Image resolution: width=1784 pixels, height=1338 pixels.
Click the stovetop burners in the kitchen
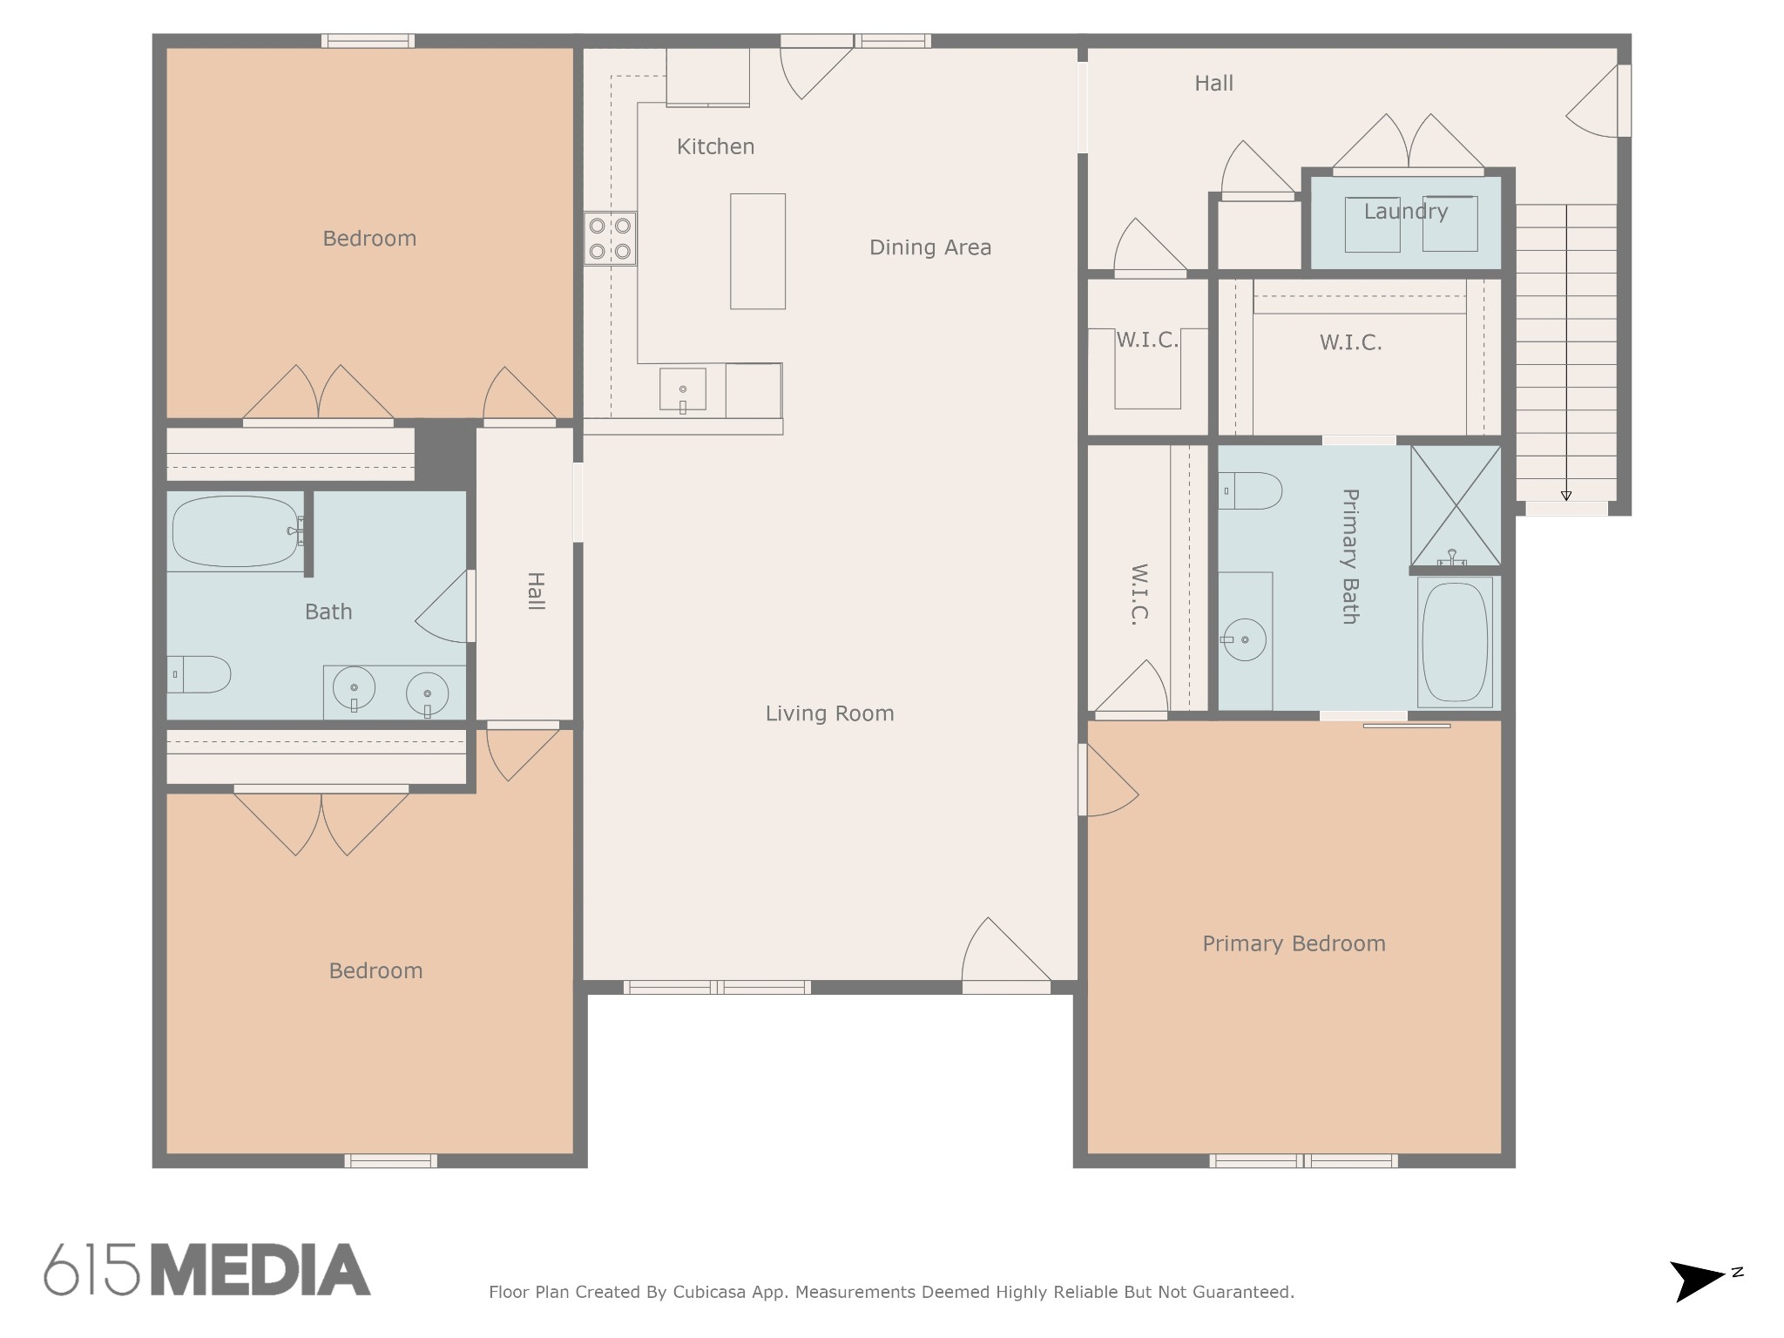click(610, 238)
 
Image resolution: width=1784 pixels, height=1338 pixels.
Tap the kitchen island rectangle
click(758, 251)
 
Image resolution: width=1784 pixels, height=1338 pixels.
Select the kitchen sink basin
click(683, 389)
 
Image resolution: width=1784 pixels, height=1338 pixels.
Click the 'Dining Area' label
click(930, 247)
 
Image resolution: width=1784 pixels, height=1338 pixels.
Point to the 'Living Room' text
click(829, 713)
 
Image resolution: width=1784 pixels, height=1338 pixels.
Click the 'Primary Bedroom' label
click(1294, 943)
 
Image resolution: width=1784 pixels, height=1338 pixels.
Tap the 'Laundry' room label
click(1406, 211)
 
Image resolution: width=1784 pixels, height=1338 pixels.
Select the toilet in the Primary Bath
click(1250, 490)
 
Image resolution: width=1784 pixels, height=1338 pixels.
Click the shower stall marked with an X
click(1456, 505)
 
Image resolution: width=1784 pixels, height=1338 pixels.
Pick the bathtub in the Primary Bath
click(1455, 642)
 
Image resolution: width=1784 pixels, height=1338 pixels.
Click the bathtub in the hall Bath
click(235, 531)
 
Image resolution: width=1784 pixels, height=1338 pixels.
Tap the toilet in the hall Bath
click(199, 674)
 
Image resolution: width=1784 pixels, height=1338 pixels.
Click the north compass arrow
click(1697, 1281)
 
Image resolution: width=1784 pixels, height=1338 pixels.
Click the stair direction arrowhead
click(1566, 496)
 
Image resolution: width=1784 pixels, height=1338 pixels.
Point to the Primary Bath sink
click(1245, 640)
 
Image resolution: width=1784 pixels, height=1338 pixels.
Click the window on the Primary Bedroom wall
click(1304, 1160)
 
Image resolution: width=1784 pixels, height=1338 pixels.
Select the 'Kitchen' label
click(716, 146)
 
